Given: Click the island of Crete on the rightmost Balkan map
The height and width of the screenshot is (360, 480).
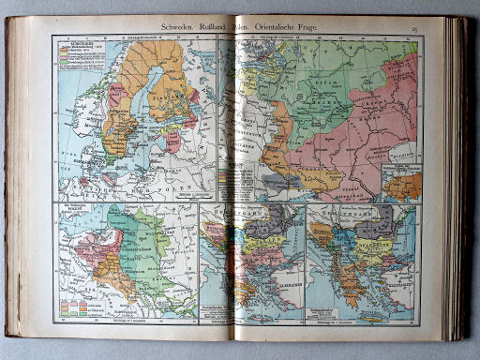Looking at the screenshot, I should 371,306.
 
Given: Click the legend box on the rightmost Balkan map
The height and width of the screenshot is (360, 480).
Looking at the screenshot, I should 327,298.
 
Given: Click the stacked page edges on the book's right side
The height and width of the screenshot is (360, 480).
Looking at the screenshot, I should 457,178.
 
